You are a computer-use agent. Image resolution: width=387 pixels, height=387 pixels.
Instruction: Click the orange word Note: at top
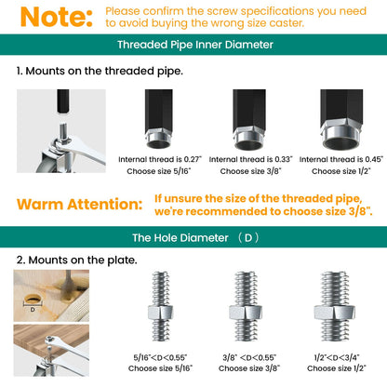click(x=54, y=16)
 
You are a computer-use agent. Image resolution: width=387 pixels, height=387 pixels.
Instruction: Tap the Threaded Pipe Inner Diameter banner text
click(x=193, y=44)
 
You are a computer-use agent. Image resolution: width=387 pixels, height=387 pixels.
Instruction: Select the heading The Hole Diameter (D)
click(x=193, y=237)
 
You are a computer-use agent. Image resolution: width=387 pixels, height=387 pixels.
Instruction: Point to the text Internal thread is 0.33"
click(x=247, y=160)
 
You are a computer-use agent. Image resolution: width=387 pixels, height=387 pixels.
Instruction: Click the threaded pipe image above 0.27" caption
click(x=159, y=119)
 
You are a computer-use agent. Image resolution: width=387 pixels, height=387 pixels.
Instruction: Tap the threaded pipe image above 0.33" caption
click(x=247, y=119)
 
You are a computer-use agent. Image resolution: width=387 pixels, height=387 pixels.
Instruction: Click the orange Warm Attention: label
click(x=80, y=204)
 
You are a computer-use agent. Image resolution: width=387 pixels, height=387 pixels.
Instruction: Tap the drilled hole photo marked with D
click(x=51, y=295)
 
